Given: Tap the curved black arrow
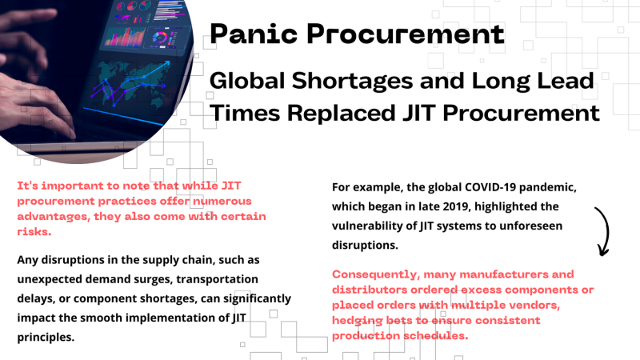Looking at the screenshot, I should [x=602, y=230].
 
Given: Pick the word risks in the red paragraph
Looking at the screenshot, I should [x=34, y=231].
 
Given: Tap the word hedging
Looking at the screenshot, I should [x=358, y=320].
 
